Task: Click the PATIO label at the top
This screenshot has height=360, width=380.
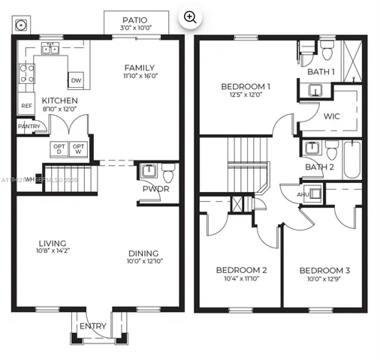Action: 135,20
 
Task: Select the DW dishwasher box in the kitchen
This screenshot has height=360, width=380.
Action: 76,80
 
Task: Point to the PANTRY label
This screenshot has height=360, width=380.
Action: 29,126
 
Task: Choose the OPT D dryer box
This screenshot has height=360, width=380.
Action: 59,148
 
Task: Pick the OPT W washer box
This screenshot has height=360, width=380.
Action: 78,148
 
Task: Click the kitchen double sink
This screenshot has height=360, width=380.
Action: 50,50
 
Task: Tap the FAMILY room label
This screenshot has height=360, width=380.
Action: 140,67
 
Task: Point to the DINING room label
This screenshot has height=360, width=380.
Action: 143,253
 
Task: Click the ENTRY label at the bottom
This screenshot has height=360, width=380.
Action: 93,325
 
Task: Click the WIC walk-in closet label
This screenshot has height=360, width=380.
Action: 332,117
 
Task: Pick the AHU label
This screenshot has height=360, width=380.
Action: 303,194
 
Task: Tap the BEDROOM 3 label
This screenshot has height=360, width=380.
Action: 324,270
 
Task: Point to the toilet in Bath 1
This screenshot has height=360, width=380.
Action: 327,49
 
